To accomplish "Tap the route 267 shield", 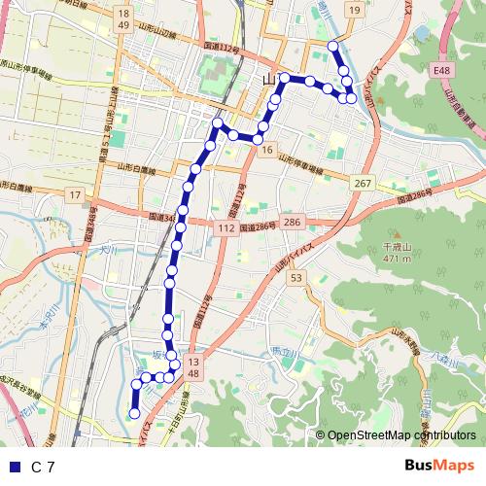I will pyautogui.click(x=364, y=184).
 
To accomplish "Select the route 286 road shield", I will pyautogui.click(x=294, y=224).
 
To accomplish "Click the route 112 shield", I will pyautogui.click(x=226, y=227).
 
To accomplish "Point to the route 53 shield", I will pyautogui.click(x=296, y=279).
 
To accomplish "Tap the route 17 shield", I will pyautogui.click(x=74, y=195).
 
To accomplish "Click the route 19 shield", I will pyautogui.click(x=355, y=11).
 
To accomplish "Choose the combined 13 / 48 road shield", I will pyautogui.click(x=192, y=367).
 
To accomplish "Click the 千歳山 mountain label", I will pyautogui.click(x=394, y=248).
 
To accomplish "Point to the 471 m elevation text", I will pyautogui.click(x=394, y=259).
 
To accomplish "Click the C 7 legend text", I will pyautogui.click(x=44, y=468).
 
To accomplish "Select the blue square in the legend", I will pyautogui.click(x=13, y=468).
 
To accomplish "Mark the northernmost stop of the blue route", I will pyautogui.click(x=333, y=46).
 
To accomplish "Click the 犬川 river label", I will pyautogui.click(x=110, y=250).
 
